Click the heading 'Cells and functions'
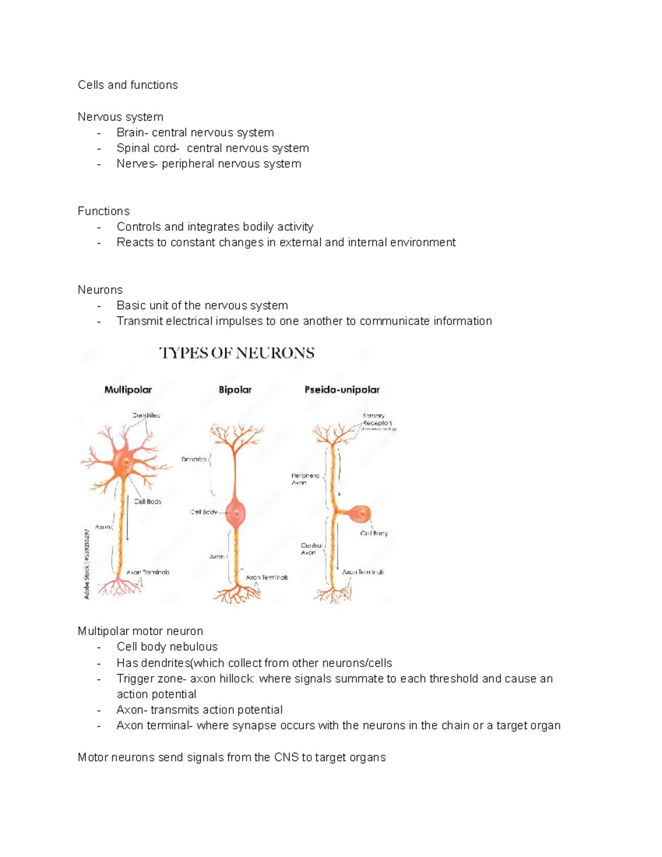(127, 85)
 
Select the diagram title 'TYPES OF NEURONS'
(237, 353)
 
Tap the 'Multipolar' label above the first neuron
(128, 390)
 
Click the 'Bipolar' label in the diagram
(235, 390)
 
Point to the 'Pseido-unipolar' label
(342, 390)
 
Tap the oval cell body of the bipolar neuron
(236, 513)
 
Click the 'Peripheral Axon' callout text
(305, 478)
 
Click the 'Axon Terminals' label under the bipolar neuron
(267, 577)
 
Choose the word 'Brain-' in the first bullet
(132, 132)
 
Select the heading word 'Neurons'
(100, 290)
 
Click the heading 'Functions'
(104, 211)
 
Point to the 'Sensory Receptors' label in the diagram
(377, 419)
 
